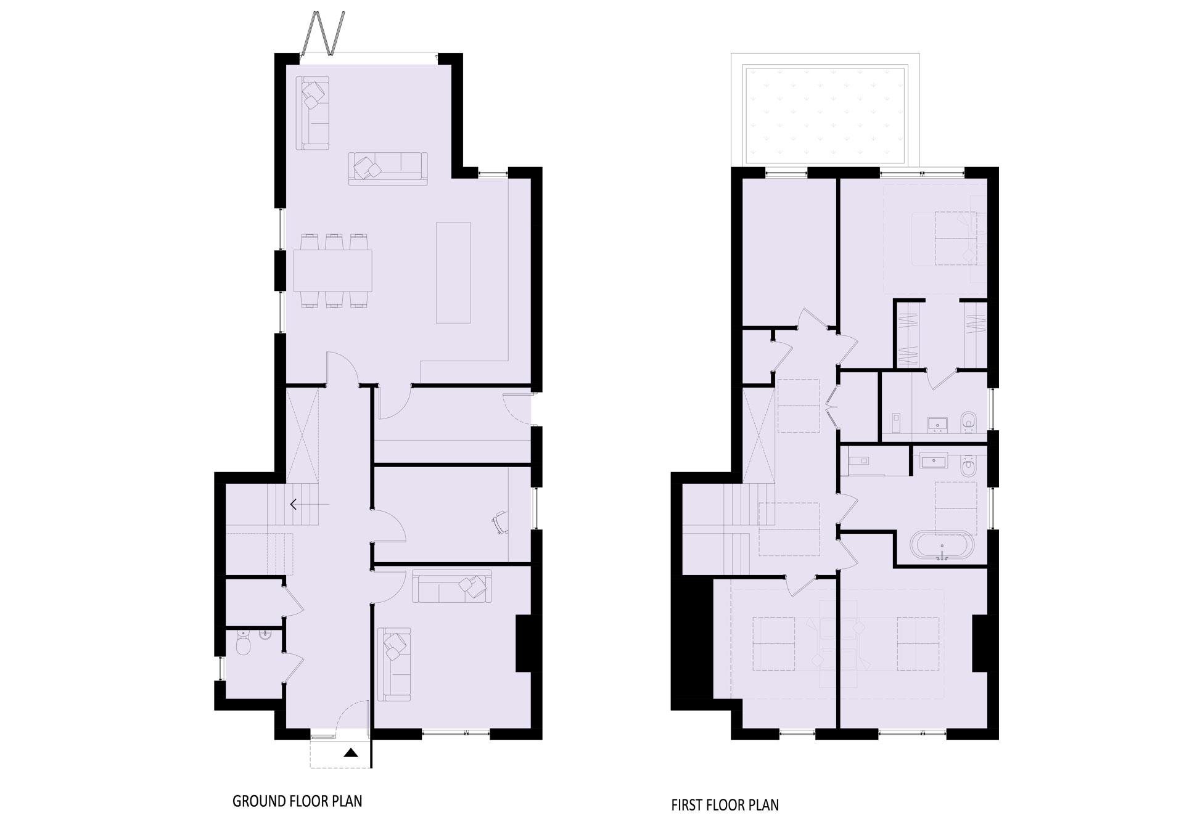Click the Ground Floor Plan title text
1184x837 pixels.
click(x=297, y=801)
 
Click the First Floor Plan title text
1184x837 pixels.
click(x=725, y=805)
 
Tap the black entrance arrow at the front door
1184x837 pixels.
click(x=351, y=752)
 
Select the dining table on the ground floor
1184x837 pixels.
click(x=334, y=271)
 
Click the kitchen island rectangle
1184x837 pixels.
click(x=453, y=272)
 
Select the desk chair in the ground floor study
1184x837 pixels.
click(x=499, y=521)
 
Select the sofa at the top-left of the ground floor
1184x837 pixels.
click(x=314, y=113)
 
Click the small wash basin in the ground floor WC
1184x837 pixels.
click(x=266, y=643)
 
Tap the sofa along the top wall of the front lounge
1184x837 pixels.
click(x=452, y=586)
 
